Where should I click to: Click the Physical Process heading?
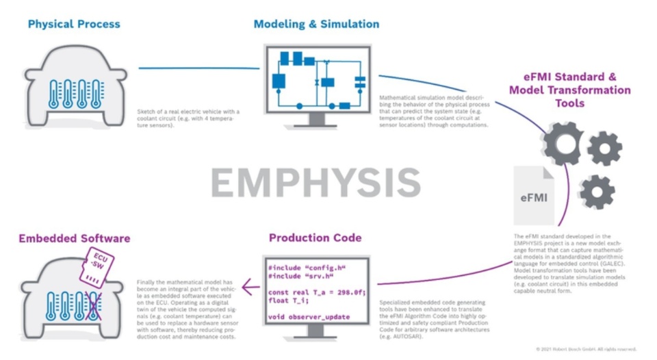tap(74, 24)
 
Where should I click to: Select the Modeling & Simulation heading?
tap(316, 24)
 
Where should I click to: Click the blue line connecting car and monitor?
tap(198, 68)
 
